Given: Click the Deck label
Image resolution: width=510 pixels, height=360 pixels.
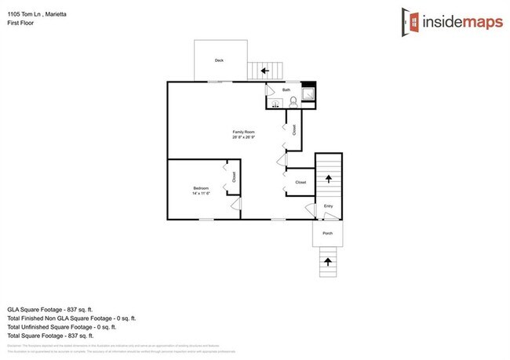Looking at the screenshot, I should click(219, 60).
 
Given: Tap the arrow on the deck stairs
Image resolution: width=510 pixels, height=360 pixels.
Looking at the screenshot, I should click(265, 71).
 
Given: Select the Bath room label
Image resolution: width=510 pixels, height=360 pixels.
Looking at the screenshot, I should click(287, 90).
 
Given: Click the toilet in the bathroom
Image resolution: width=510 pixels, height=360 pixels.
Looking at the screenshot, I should click(293, 103).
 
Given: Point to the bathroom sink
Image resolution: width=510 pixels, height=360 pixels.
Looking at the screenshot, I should click(275, 104).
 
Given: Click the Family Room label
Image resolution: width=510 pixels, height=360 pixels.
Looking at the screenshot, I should click(243, 131).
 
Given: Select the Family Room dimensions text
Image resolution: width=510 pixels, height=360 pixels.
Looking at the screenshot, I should click(243, 137).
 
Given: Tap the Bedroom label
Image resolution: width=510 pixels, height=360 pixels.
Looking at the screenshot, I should click(201, 187).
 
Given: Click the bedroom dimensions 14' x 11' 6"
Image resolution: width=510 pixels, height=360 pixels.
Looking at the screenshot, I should click(201, 193).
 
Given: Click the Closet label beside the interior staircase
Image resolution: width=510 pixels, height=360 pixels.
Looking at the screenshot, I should click(301, 182).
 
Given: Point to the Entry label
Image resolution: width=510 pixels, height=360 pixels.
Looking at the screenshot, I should click(329, 206).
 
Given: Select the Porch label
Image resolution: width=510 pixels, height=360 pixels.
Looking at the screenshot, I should click(328, 233).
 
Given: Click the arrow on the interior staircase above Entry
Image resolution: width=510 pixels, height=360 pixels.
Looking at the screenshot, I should click(328, 179).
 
